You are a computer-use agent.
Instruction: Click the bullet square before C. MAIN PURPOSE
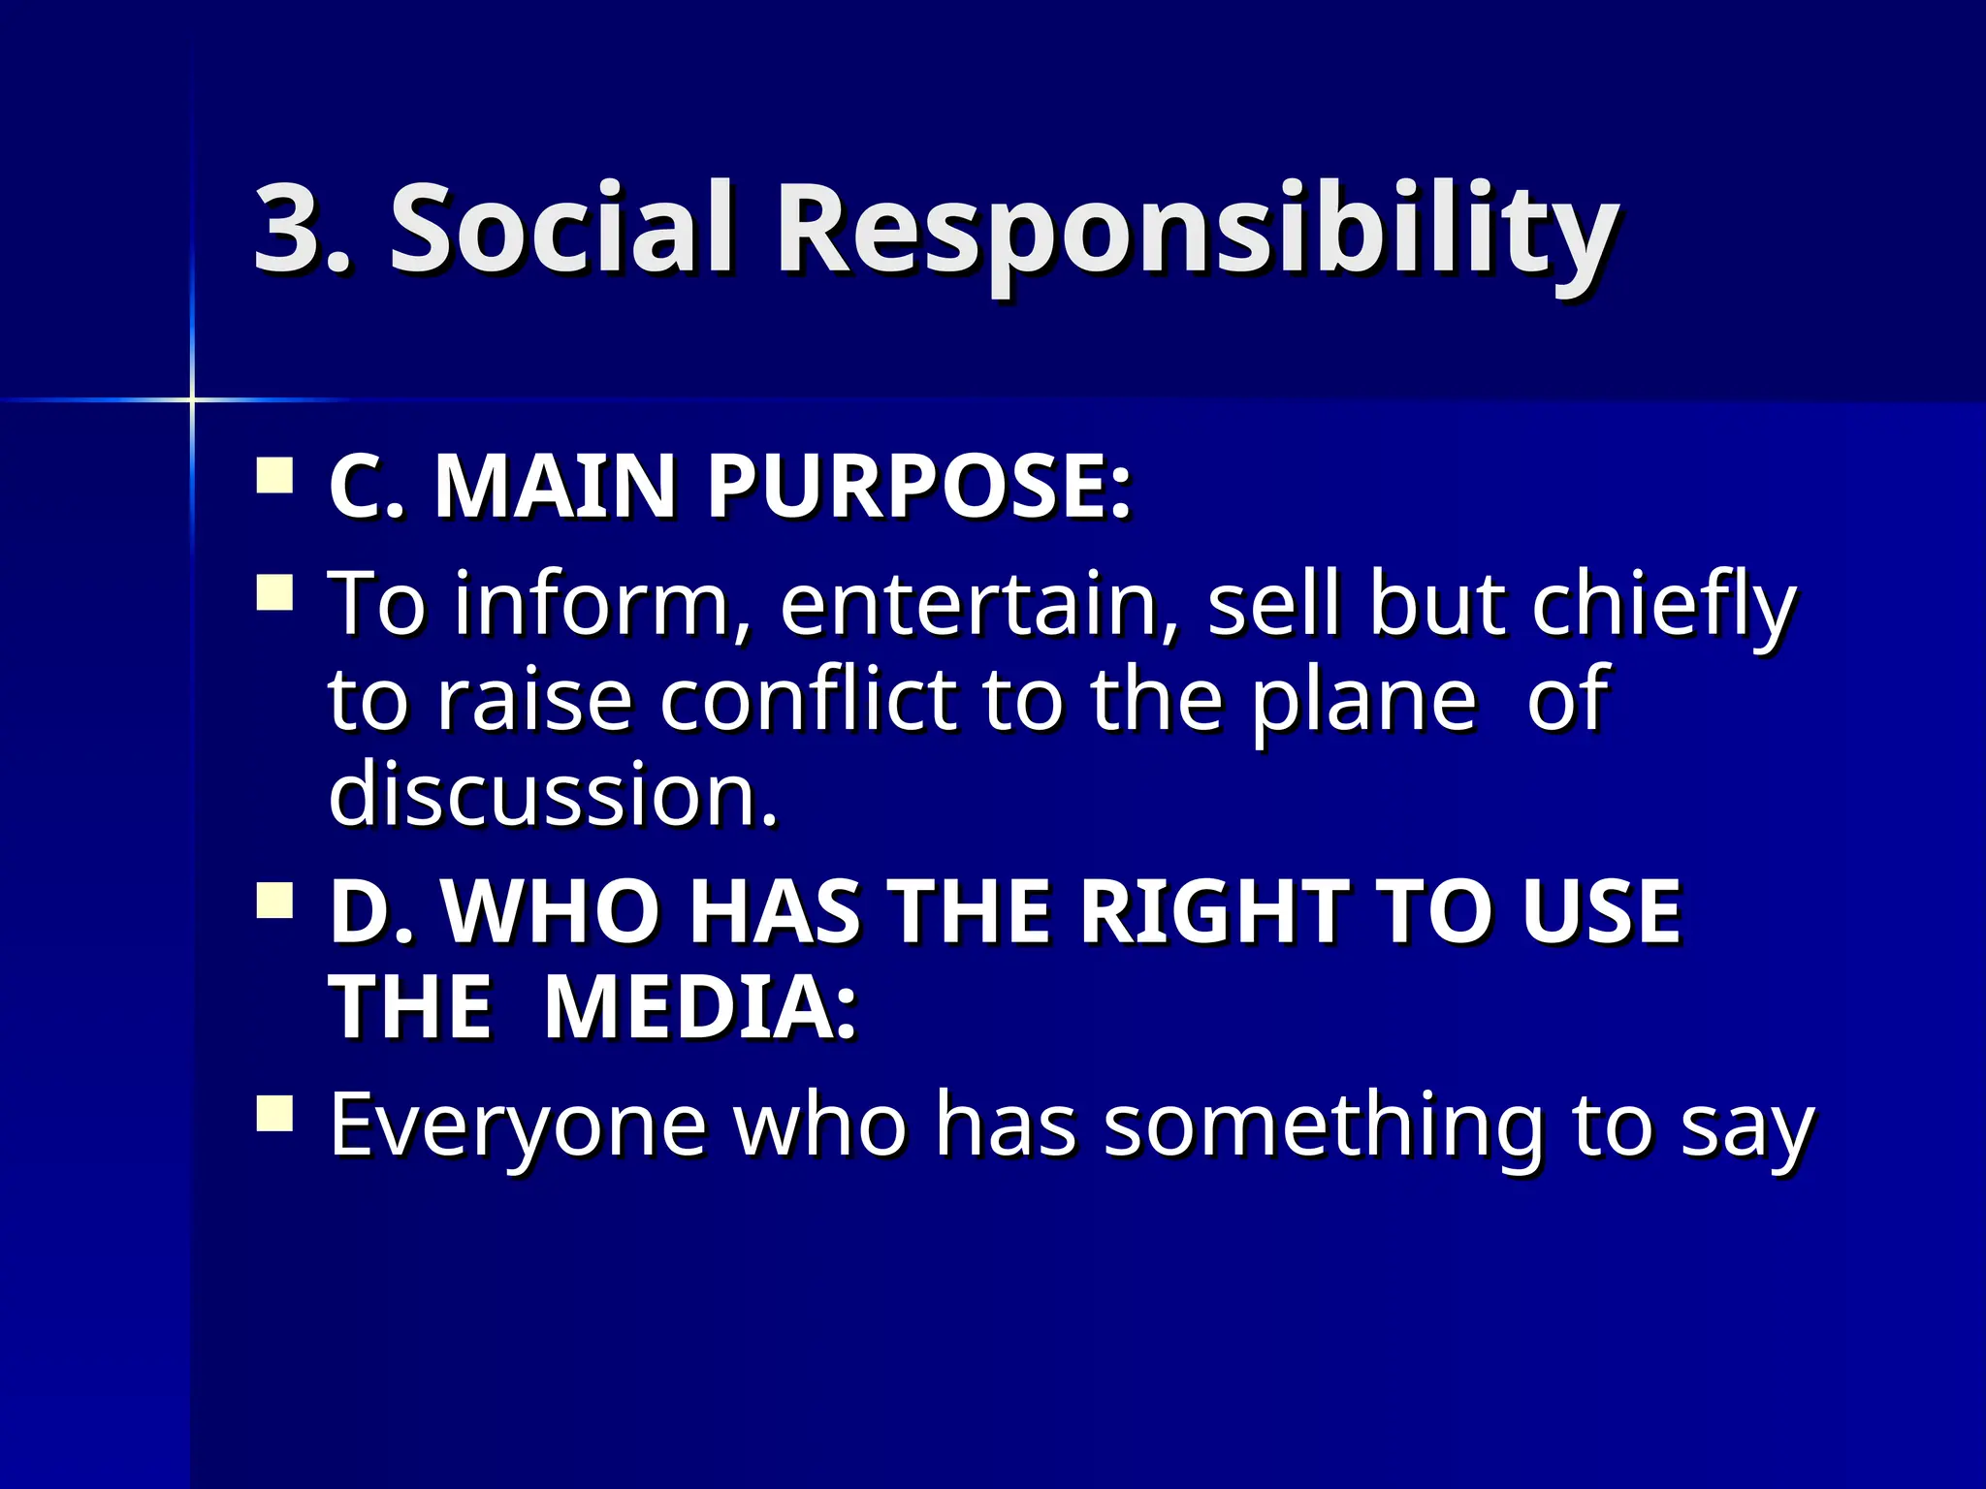(x=274, y=477)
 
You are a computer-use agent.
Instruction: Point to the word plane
(x=1362, y=700)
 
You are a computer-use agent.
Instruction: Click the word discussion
(x=553, y=793)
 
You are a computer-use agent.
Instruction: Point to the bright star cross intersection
(x=192, y=398)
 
